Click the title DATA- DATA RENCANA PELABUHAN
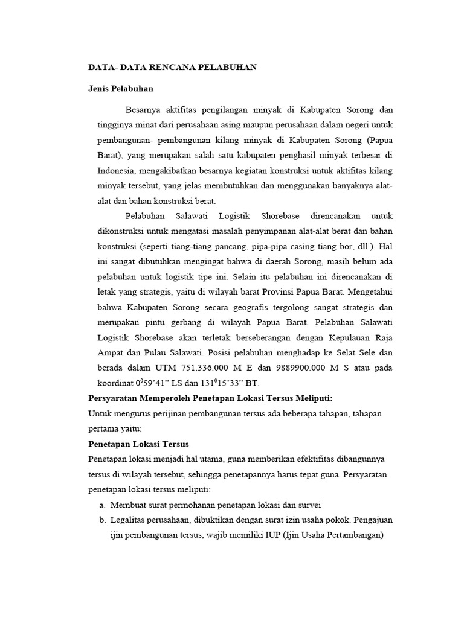coord(172,67)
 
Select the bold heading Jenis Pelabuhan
coord(121,89)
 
